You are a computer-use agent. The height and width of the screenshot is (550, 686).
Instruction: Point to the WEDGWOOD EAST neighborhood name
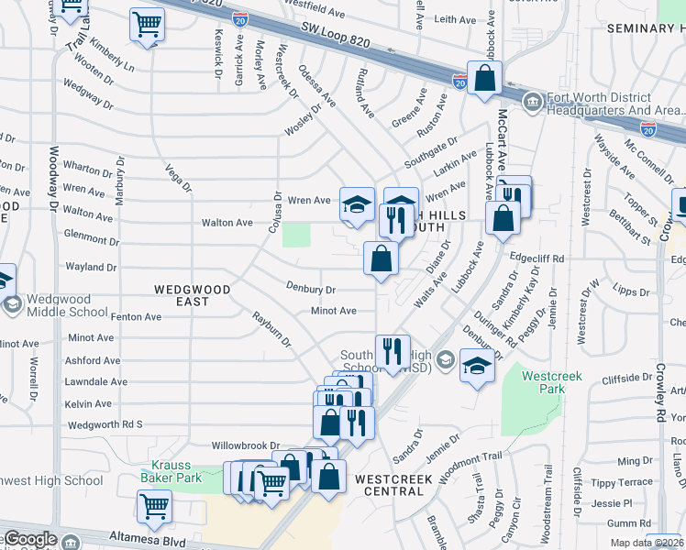click(x=192, y=290)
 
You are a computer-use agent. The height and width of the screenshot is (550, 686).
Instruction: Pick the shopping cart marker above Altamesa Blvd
click(x=154, y=504)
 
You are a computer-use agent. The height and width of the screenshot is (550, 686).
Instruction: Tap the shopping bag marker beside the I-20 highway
click(x=484, y=77)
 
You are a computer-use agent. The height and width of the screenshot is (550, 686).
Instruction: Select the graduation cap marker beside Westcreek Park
click(x=476, y=367)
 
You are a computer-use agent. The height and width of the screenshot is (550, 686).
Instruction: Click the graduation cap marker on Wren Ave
click(x=357, y=203)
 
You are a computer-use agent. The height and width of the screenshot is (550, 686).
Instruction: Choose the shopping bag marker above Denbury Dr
click(x=381, y=258)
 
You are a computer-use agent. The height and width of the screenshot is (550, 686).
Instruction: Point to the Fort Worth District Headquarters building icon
click(x=531, y=100)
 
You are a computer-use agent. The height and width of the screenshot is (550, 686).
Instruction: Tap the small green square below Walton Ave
click(x=295, y=235)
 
